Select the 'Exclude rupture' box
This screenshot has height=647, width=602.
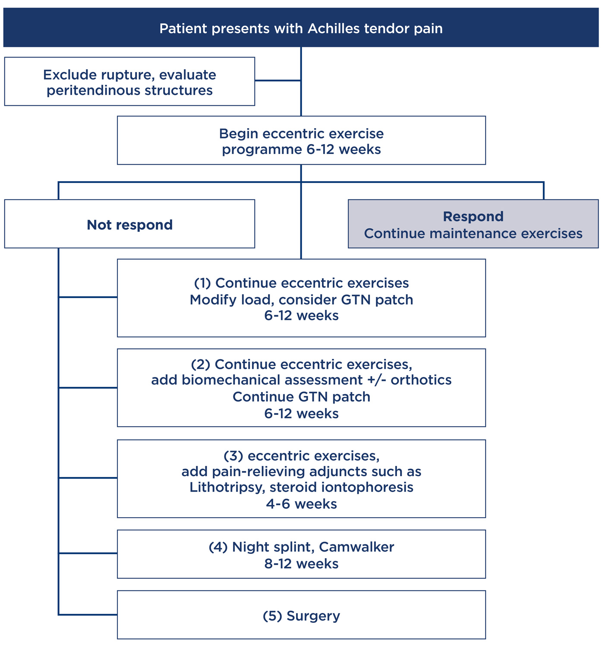(130, 82)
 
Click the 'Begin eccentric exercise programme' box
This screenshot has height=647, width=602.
(301, 141)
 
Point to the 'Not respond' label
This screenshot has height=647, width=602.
(130, 225)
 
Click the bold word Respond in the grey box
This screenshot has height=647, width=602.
(473, 217)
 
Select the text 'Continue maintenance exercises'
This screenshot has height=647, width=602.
(473, 234)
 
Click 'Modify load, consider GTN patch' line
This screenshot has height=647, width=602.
(301, 300)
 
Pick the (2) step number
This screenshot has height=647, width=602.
(200, 364)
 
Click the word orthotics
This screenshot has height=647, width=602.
(421, 380)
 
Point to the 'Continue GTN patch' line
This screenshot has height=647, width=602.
(301, 397)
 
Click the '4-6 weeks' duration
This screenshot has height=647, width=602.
(301, 504)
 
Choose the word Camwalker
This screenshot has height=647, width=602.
(356, 547)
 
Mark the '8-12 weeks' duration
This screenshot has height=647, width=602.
(301, 564)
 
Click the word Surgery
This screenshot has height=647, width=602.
(313, 616)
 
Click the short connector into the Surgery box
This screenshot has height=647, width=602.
(88, 615)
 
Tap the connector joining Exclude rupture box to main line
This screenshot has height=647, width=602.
(277, 81)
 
